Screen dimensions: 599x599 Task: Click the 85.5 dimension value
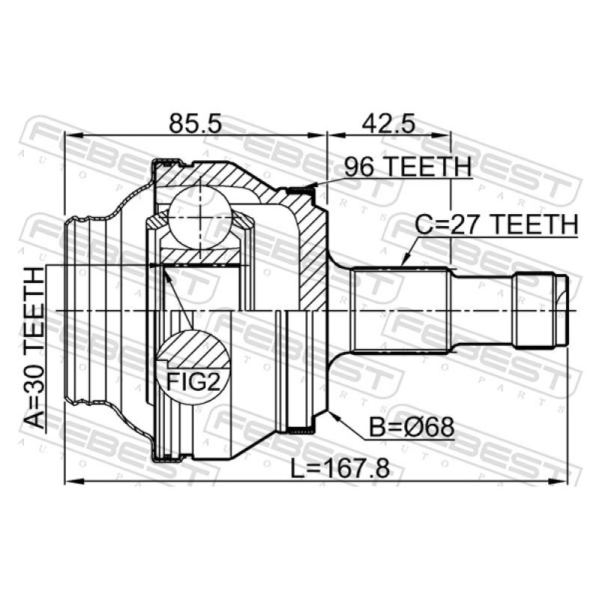click(x=195, y=124)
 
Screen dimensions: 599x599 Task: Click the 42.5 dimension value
click(x=388, y=124)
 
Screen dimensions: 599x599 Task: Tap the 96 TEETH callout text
click(x=408, y=167)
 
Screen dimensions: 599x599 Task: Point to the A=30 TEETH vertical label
click(x=34, y=348)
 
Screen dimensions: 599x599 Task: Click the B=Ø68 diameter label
click(x=412, y=427)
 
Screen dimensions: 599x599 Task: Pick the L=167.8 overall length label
click(x=341, y=469)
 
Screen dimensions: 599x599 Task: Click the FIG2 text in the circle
click(x=194, y=382)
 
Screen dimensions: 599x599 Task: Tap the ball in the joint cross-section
click(x=200, y=217)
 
